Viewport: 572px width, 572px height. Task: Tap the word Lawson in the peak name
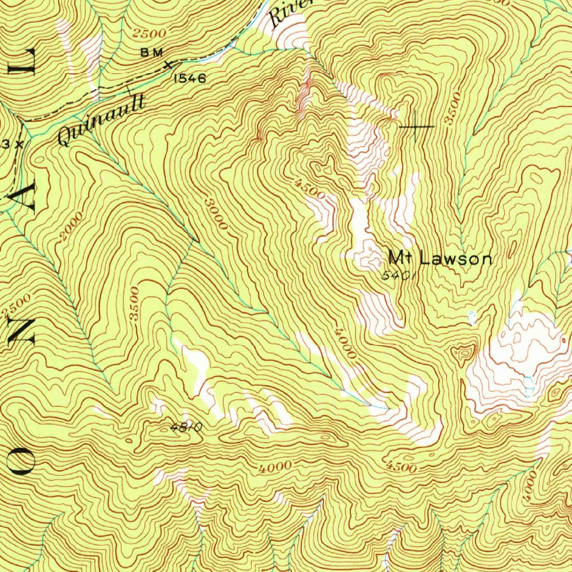(456, 259)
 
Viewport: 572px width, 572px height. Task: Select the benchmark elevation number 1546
(190, 79)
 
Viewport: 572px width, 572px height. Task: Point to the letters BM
(151, 53)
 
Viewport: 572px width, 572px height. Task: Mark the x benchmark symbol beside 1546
(167, 65)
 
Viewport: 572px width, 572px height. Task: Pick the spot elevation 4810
(185, 428)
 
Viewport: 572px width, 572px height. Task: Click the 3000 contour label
(216, 213)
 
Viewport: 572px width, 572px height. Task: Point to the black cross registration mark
(416, 127)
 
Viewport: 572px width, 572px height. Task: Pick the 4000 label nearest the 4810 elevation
(275, 466)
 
